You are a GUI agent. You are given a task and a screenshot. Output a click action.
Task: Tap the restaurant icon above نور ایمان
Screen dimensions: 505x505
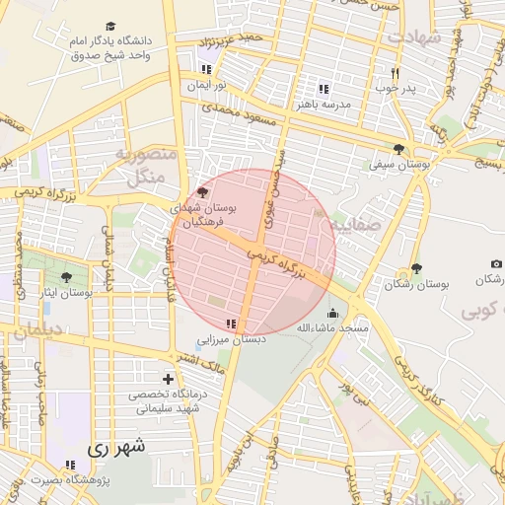(205, 70)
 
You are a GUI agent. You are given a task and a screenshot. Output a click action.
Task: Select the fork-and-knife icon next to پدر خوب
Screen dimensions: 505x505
(395, 72)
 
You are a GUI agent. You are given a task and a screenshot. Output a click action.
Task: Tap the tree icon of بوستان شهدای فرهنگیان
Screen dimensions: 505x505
(203, 192)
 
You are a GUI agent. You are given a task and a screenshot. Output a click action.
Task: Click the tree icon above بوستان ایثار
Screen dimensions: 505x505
(66, 278)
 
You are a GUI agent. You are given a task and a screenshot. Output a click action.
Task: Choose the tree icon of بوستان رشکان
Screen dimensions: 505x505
(416, 268)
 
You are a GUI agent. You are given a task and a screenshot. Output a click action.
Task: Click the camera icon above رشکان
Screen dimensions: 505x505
(495, 264)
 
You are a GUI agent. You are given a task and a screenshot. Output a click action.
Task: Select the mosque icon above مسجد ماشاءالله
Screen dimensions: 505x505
(333, 313)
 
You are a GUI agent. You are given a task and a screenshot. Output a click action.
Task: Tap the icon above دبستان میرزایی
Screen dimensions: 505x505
(231, 324)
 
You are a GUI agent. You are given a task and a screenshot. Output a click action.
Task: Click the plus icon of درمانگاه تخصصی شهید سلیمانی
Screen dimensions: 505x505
(168, 379)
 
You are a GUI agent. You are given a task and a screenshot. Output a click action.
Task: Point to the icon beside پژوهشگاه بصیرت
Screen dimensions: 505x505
(69, 465)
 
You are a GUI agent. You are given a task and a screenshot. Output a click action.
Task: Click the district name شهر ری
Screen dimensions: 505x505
(116, 447)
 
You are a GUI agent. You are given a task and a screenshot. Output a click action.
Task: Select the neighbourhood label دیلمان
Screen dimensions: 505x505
(39, 331)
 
